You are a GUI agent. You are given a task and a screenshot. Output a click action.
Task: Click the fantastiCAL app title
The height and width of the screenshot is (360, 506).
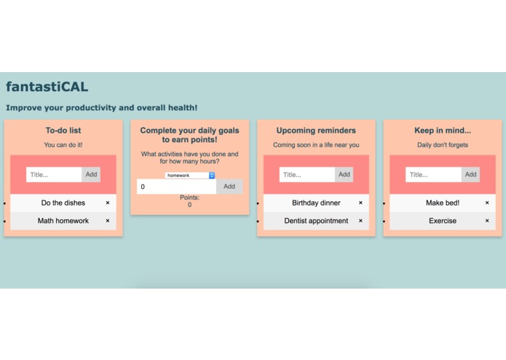tap(47, 87)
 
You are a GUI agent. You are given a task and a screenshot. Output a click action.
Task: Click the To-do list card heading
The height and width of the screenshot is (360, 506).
tap(63, 130)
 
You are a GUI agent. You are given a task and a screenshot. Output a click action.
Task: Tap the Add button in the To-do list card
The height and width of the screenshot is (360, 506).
tap(91, 174)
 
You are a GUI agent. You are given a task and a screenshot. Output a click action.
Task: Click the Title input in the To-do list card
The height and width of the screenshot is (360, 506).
tap(54, 174)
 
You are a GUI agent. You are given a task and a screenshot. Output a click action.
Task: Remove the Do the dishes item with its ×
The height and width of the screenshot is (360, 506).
tap(108, 203)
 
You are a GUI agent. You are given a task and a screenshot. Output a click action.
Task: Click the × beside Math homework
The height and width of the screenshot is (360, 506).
tap(108, 221)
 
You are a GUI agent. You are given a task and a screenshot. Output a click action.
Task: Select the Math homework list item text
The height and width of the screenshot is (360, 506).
tap(63, 221)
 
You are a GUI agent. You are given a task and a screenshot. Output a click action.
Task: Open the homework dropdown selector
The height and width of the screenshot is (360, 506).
tap(190, 176)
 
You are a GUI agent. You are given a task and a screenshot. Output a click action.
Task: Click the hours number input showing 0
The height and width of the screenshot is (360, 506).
tap(176, 187)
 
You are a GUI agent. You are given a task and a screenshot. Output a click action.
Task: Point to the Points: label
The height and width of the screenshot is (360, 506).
tap(190, 197)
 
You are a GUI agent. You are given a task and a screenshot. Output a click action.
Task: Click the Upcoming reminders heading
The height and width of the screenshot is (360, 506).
tap(316, 130)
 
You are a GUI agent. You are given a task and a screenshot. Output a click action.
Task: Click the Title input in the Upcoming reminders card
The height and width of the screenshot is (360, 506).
tap(307, 174)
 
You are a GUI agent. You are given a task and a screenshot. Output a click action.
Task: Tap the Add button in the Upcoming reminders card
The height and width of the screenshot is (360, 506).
tap(344, 174)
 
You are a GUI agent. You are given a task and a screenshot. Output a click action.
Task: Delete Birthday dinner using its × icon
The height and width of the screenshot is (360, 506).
tap(361, 203)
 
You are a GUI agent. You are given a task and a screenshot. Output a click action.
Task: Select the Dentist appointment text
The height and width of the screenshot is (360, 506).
tap(316, 221)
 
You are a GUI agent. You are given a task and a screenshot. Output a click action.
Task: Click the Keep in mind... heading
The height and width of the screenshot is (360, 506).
tap(443, 130)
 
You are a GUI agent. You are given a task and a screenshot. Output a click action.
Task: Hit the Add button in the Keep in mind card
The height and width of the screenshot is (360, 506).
tap(470, 174)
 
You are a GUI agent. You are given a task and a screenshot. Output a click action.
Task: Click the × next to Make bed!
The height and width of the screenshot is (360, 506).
tap(487, 203)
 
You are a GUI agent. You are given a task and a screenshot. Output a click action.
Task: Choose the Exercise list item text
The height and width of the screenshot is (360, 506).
tap(443, 221)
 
